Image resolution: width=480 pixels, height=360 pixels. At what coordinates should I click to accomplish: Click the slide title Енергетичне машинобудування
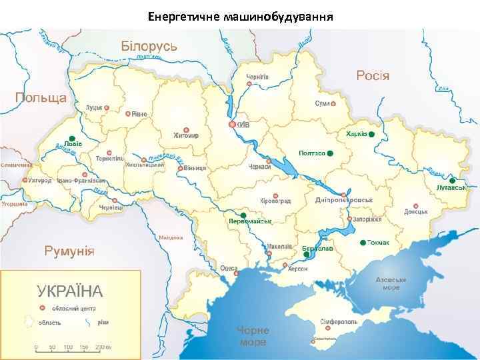240,15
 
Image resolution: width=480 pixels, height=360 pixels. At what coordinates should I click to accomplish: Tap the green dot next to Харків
372,135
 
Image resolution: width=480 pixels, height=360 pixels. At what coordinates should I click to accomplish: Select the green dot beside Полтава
330,153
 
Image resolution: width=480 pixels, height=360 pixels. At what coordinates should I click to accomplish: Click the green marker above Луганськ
451,180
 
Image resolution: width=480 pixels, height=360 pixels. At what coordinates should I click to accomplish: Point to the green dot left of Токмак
362,242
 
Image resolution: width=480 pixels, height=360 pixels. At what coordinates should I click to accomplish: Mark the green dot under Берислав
305,254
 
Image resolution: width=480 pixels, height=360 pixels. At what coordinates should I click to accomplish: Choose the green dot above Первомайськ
243,214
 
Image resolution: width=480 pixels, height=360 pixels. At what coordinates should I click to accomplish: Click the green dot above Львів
72,137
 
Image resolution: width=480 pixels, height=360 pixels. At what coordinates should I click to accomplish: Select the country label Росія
373,75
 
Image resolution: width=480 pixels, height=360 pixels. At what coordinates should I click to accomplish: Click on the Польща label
41,97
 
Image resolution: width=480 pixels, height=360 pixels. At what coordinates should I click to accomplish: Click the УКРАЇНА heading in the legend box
70,291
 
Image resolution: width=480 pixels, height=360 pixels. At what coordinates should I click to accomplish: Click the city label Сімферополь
339,321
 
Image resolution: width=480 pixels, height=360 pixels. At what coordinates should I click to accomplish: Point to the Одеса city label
229,268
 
